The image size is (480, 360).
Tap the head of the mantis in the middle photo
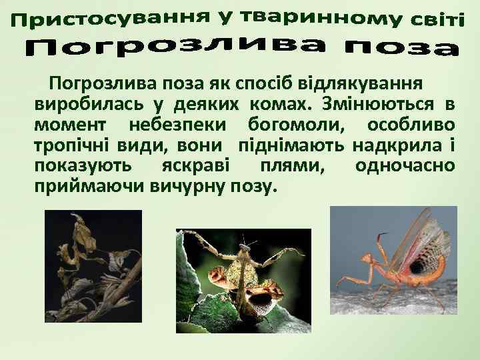(249, 248)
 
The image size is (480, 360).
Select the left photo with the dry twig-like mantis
(93, 267)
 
